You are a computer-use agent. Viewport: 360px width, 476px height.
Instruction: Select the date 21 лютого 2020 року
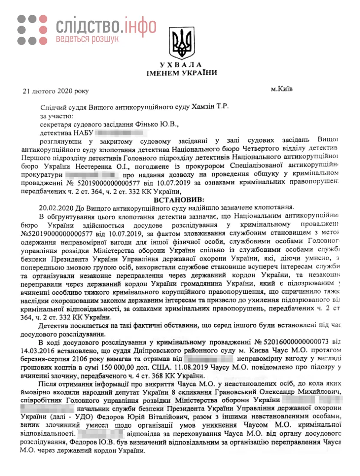56,91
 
